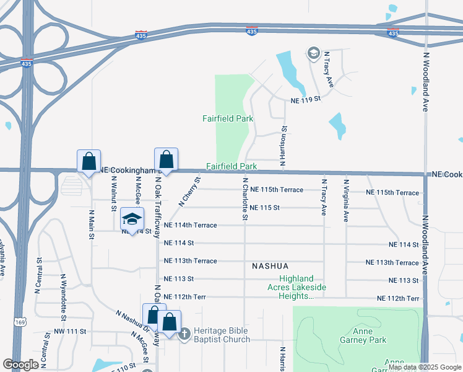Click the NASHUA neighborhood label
pyautogui.click(x=270, y=266)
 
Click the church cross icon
pyautogui.click(x=184, y=334)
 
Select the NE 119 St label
pyautogui.click(x=306, y=99)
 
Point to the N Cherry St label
pyautogui.click(x=190, y=192)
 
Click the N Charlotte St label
pyautogui.click(x=245, y=200)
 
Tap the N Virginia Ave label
pyautogui.click(x=346, y=200)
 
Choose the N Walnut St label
pyautogui.click(x=114, y=193)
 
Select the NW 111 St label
pyautogui.click(x=69, y=332)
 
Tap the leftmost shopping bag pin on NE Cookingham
pyautogui.click(x=89, y=161)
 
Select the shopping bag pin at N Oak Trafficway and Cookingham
pyautogui.click(x=166, y=159)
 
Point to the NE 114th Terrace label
pyautogui.click(x=191, y=226)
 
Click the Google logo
pyautogui.click(x=21, y=365)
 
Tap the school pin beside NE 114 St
pyautogui.click(x=132, y=218)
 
